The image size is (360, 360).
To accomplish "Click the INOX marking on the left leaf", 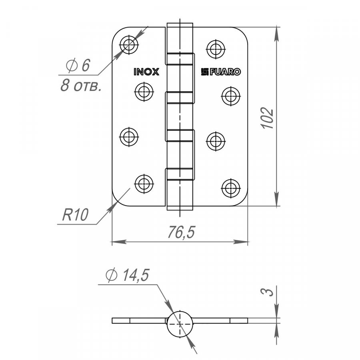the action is coord(146,72).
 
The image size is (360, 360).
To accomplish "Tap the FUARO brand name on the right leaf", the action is coord(225,72).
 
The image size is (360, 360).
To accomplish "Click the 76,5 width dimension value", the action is coord(181,232).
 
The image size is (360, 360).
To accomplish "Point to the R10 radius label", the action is coord(75,215).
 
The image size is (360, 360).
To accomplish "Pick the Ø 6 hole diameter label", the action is coord(78,65).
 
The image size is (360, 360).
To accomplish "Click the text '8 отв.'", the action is coord(81,86).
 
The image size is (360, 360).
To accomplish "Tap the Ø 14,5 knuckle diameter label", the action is coord(128,275).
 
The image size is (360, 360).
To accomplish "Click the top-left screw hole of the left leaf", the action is coord(129,45).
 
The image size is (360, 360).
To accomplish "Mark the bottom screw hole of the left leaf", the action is coord(144,184).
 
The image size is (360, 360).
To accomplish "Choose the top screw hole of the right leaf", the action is coord(216,49).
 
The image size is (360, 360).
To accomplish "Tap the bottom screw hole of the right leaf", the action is coord(231,188).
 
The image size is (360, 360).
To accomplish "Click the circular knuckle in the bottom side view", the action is coord(180,324).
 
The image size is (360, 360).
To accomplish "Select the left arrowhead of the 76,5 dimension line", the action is coord(119,242).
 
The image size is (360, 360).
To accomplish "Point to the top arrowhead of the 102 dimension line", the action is coord(277,34).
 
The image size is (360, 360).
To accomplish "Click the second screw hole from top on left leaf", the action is coord(144,92).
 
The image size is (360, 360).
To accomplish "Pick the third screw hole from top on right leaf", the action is coord(216,141).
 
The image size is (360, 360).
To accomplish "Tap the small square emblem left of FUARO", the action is coord(205,72).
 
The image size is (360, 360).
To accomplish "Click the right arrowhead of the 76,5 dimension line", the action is coord(241,242).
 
